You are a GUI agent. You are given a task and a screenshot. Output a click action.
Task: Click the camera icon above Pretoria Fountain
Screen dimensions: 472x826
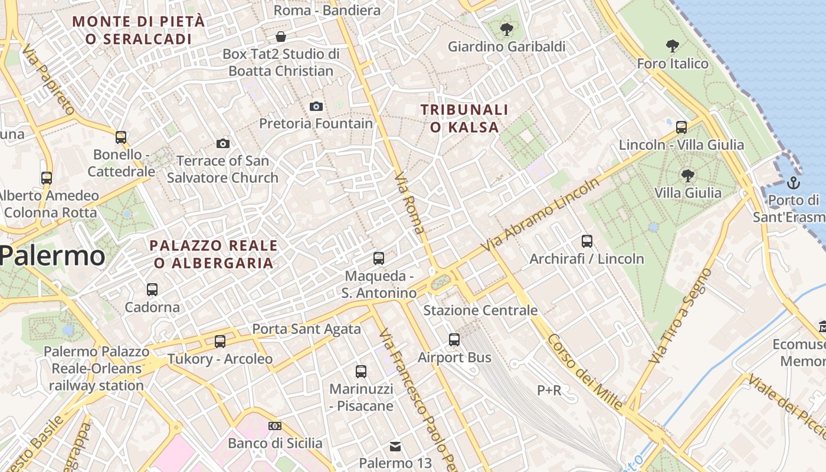point(316,107)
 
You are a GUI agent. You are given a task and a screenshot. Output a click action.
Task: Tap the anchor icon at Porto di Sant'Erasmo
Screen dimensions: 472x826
point(794,182)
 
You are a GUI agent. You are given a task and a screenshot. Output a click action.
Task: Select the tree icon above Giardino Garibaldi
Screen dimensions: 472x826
point(506,29)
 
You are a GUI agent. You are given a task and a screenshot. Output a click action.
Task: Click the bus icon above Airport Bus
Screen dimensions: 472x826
point(454,340)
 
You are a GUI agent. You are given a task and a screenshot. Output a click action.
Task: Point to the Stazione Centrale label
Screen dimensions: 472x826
point(480,310)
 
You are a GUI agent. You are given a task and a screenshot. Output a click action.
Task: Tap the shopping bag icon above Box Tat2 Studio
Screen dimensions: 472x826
point(281,37)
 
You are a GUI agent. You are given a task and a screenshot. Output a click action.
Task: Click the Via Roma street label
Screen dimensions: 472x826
point(409,203)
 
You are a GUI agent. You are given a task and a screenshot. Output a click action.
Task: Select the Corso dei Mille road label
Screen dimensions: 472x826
point(584,372)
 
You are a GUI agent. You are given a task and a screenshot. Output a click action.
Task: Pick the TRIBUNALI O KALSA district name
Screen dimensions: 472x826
point(464,118)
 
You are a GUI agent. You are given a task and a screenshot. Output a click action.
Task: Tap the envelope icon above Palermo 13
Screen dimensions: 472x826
point(395,446)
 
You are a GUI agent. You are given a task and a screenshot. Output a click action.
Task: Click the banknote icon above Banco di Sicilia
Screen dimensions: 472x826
point(275,426)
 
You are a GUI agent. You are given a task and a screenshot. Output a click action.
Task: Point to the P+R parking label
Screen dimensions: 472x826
point(549,390)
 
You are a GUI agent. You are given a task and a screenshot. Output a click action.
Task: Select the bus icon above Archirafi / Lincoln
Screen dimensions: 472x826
point(586,241)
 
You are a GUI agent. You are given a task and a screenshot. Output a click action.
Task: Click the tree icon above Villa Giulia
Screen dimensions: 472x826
point(687,175)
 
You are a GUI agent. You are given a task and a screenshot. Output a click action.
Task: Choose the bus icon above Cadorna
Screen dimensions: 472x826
point(152,290)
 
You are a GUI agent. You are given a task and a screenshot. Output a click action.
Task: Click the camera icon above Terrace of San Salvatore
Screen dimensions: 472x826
point(222,143)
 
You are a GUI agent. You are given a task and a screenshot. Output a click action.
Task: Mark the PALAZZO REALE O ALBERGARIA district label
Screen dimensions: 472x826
point(214,254)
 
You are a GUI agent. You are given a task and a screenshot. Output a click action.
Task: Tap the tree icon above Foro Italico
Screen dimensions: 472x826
point(672,46)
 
